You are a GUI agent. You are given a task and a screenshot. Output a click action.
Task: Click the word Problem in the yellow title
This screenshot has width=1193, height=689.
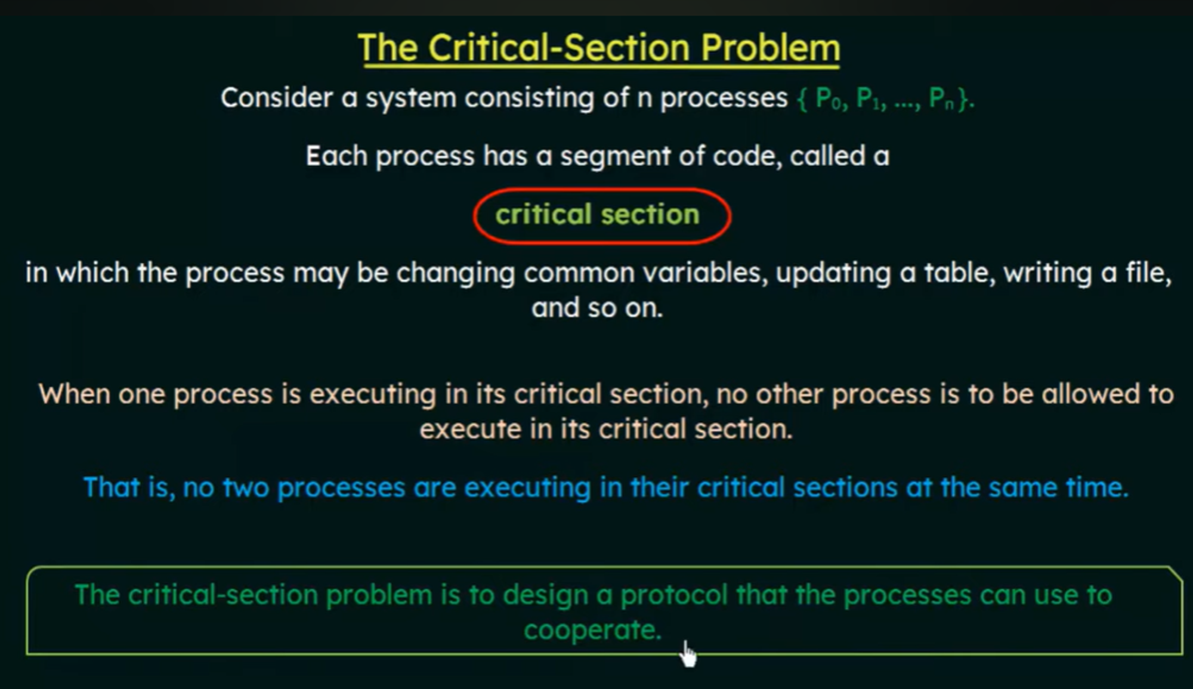pos(771,48)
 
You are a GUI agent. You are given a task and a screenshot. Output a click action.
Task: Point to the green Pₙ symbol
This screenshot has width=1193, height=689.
pos(942,98)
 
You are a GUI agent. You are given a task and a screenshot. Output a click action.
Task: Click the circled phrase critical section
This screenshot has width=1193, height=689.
pos(597,214)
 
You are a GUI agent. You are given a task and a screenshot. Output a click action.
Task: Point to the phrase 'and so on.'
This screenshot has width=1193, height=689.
pos(597,308)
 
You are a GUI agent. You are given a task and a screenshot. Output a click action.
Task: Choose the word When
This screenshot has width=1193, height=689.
pos(74,394)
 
